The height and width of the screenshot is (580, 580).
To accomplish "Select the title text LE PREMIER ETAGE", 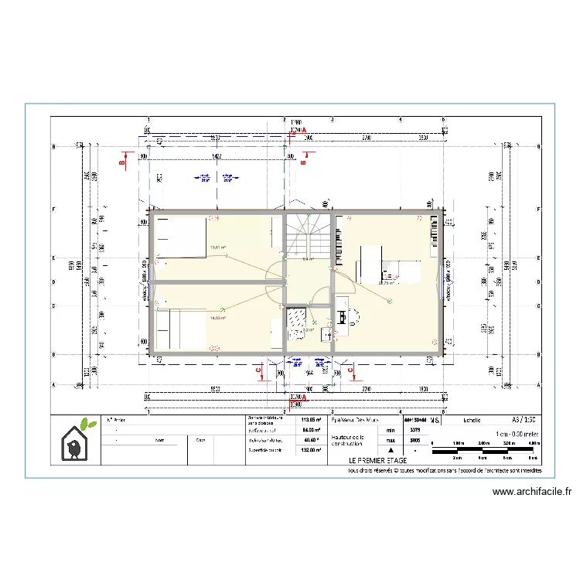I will point(376,460).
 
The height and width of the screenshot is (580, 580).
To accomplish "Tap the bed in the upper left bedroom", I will point(181,237).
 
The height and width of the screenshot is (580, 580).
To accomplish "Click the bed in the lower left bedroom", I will point(181,329).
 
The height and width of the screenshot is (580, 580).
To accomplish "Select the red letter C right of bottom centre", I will point(351,370).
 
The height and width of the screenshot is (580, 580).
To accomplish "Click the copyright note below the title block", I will point(445,469).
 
